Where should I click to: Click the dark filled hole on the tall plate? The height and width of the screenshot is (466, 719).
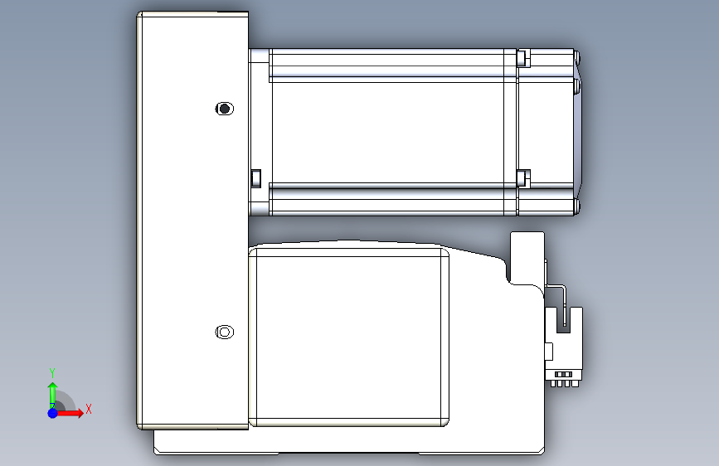point(224,109)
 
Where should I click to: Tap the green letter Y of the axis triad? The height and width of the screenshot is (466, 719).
point(52,372)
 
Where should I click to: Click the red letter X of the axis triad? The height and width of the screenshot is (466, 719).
point(89,409)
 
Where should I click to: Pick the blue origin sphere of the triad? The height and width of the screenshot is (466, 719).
point(53,413)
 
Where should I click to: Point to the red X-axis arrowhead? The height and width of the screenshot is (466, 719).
point(80,413)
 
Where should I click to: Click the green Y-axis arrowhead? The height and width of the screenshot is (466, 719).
point(53,387)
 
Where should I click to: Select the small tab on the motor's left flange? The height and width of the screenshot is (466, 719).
point(256,178)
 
